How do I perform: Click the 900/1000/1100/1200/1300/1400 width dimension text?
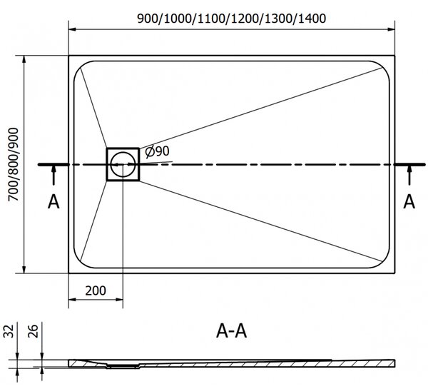tap(231, 19)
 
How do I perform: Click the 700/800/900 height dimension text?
tap(13, 164)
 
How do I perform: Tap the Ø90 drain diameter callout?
tap(157, 151)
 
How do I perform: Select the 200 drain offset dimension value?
tap(96, 291)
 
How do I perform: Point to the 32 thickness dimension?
tap(9, 331)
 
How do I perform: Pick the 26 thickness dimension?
tap(34, 331)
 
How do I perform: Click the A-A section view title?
tap(231, 331)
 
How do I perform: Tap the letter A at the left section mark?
tap(53, 202)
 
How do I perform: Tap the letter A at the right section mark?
tap(409, 202)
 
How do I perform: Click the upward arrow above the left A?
tap(53, 176)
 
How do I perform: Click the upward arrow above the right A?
tap(409, 176)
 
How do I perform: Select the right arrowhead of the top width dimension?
tap(391, 29)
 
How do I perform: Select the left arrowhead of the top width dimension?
tap(72, 29)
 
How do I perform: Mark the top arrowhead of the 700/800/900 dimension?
tap(24, 59)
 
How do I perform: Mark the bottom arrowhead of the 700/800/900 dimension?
tap(24, 269)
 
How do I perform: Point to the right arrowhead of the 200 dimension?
tap(119, 299)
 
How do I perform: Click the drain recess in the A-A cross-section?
tap(123, 366)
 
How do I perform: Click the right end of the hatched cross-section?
tap(394, 363)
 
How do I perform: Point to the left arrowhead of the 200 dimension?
tap(72, 299)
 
